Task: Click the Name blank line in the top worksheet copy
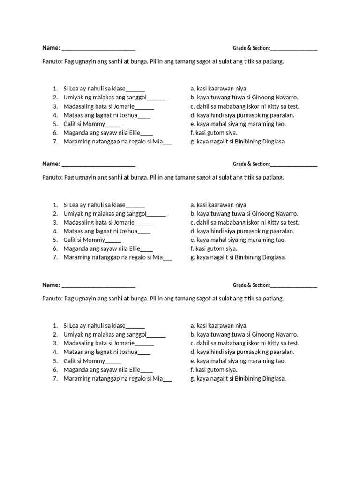[x=98, y=48]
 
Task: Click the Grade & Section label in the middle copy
[x=251, y=165]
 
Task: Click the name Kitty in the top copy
[x=274, y=106]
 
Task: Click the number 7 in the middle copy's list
[x=55, y=257]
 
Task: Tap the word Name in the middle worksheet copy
[x=51, y=164]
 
